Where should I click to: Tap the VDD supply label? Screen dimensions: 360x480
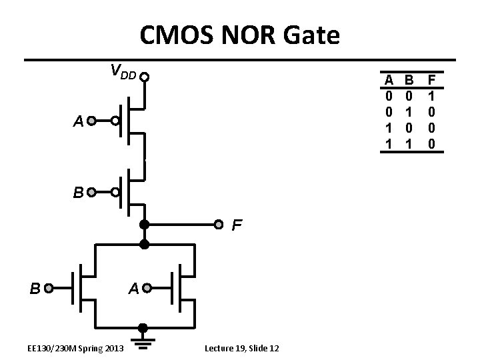point(123,71)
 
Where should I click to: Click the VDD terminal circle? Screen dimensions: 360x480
point(143,77)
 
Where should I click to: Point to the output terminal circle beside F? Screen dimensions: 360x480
point(217,223)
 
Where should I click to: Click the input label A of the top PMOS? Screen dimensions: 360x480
point(79,122)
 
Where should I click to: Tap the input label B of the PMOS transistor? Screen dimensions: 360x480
point(79,193)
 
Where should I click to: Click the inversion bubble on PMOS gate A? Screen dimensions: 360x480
point(115,121)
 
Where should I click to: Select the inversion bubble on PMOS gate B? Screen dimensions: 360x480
point(115,193)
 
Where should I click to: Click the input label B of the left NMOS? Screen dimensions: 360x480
point(35,289)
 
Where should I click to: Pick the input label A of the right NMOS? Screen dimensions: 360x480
point(133,289)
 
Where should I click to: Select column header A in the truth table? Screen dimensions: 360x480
point(388,80)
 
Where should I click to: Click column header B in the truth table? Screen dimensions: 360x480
point(410,80)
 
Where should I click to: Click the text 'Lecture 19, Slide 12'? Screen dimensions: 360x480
point(242,349)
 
